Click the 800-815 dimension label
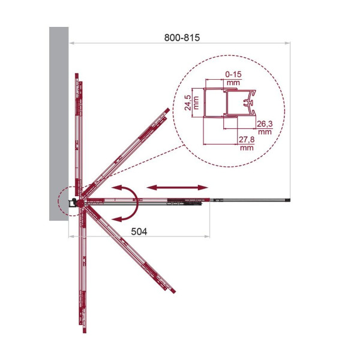(x=182, y=37)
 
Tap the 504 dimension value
(x=139, y=232)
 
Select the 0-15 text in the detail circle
(x=233, y=74)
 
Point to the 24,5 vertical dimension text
(x=188, y=103)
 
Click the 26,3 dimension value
(x=265, y=124)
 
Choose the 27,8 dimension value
(x=247, y=139)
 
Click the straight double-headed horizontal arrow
(x=177, y=188)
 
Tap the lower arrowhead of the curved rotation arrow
(x=117, y=219)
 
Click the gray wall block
(x=59, y=124)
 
